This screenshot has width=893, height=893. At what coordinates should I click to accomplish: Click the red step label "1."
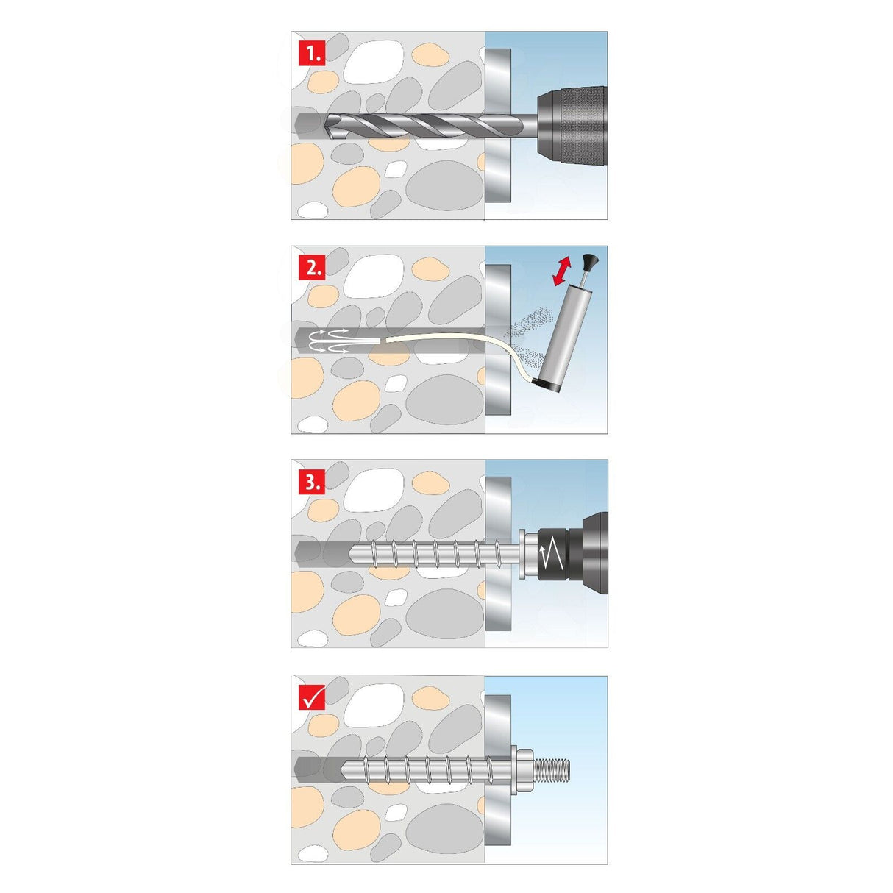(x=312, y=53)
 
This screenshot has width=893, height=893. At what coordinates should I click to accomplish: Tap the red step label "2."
(x=312, y=268)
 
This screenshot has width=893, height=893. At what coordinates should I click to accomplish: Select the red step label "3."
(x=312, y=482)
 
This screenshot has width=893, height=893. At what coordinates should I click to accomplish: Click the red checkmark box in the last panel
(x=312, y=697)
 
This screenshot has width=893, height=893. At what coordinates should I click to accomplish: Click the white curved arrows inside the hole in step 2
(x=329, y=341)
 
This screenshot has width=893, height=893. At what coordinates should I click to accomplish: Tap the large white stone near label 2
(x=372, y=277)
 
